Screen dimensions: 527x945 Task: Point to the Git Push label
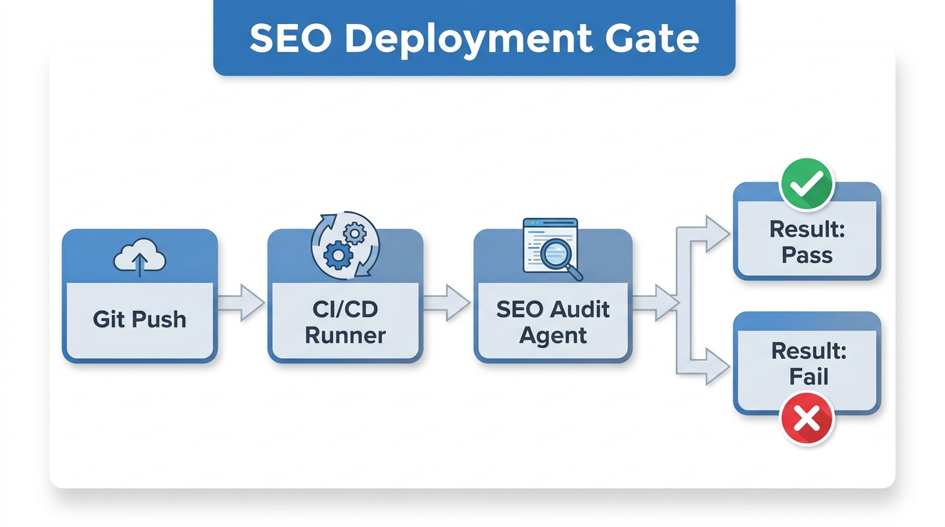(139, 319)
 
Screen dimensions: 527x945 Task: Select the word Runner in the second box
(345, 336)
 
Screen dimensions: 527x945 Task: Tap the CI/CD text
(345, 309)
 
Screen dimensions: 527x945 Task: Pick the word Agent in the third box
(553, 336)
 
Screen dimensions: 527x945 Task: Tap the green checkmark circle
(807, 183)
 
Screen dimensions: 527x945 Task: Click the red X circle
(807, 417)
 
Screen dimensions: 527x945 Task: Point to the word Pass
(807, 255)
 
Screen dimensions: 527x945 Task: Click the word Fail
(808, 377)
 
